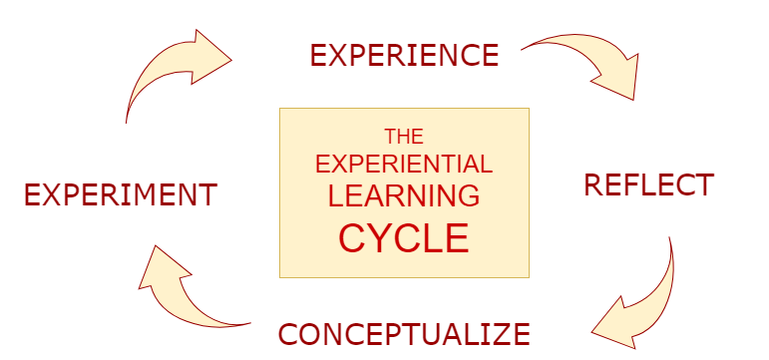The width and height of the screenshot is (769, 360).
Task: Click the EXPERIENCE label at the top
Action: [x=404, y=55]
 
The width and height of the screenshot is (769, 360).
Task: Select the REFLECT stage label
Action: [x=648, y=185]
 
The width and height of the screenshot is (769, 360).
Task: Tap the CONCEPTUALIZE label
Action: [x=403, y=333]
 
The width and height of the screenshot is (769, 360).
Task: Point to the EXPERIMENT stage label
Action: [x=120, y=194]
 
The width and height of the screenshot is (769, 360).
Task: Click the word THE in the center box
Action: [x=404, y=137]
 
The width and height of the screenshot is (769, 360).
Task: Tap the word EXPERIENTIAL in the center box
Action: [x=404, y=165]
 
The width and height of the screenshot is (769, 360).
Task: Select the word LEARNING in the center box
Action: [x=404, y=195]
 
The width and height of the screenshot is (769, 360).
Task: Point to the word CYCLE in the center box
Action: [x=404, y=239]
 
